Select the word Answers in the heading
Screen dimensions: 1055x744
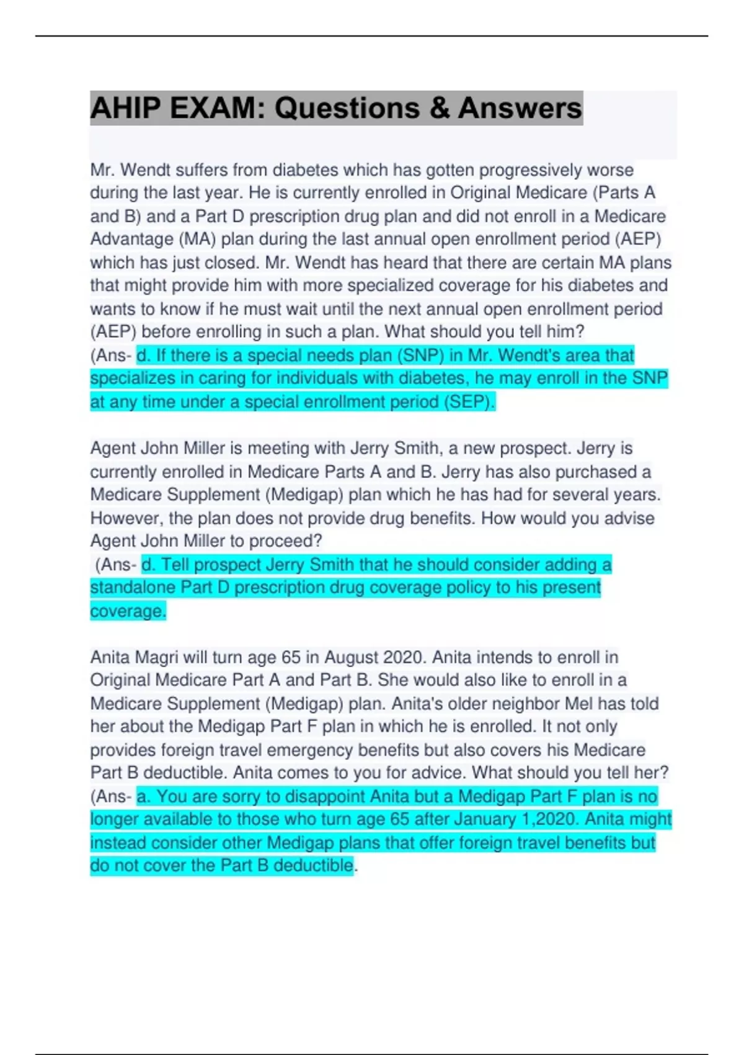(520, 108)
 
